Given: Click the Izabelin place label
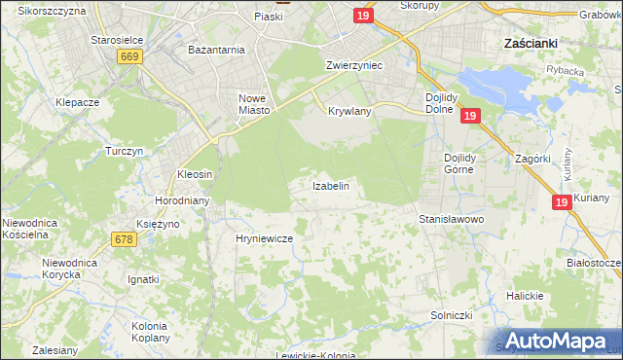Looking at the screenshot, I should [330, 185].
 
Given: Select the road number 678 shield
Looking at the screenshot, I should [124, 239].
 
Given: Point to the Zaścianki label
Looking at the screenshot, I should [530, 44].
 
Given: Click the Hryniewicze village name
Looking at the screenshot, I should [265, 237].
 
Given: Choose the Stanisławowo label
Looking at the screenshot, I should [452, 220].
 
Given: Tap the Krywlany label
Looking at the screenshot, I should [350, 112].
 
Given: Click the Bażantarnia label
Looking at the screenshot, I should [216, 48].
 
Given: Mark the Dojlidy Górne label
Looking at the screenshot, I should [472, 162].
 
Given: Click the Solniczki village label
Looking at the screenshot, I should [452, 316].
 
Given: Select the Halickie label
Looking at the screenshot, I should [525, 296].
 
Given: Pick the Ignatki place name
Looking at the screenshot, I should [143, 279].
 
